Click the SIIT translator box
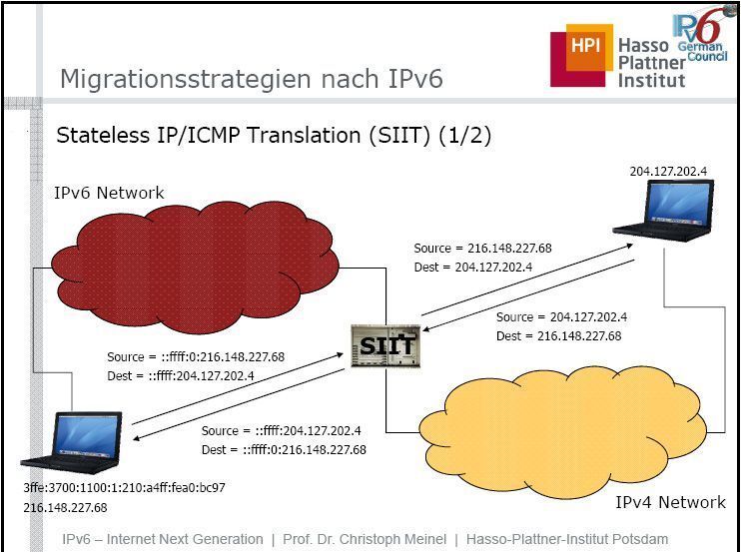[385, 346]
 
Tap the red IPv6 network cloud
[195, 268]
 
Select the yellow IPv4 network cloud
[563, 432]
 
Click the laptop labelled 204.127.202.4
[663, 211]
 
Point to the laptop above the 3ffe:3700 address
[71, 442]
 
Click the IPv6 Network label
[109, 193]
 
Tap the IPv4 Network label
[670, 502]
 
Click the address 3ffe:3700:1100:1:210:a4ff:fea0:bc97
[124, 487]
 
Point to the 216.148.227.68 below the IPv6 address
[65, 508]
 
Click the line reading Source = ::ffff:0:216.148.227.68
[196, 356]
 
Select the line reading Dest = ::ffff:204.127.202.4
[181, 376]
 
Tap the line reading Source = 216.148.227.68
[482, 248]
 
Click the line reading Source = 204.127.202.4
[561, 316]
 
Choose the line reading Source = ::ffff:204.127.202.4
[282, 430]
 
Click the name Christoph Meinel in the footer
[392, 539]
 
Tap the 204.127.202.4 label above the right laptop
[668, 171]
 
